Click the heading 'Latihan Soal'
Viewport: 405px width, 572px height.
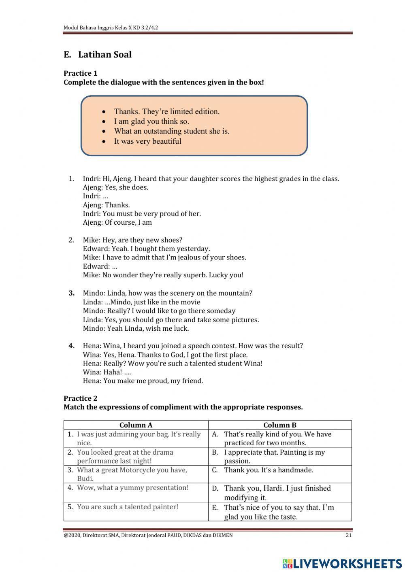[104, 55]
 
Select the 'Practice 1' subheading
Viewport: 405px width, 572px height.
[81, 73]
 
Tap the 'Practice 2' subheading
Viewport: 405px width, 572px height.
[81, 398]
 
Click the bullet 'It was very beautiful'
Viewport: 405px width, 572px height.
[147, 141]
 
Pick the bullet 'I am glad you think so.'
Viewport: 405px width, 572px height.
[151, 121]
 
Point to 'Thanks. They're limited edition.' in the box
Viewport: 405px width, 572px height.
[166, 112]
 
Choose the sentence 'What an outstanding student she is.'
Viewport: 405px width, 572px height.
[171, 131]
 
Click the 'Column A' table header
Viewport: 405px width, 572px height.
[136, 425]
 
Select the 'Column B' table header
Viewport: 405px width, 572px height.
[280, 425]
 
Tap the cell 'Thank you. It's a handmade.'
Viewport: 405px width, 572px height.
[269, 470]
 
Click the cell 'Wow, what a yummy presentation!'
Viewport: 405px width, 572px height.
[133, 488]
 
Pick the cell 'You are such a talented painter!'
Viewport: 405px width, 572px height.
[128, 507]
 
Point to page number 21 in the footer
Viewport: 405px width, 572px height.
[349, 535]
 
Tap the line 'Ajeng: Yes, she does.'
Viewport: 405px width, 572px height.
[115, 187]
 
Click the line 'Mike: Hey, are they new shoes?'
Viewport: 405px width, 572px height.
[132, 240]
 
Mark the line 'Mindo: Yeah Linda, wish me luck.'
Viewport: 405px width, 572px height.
[136, 328]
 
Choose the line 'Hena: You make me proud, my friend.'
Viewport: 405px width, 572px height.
[143, 381]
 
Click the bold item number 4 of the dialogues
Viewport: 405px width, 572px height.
[72, 346]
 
